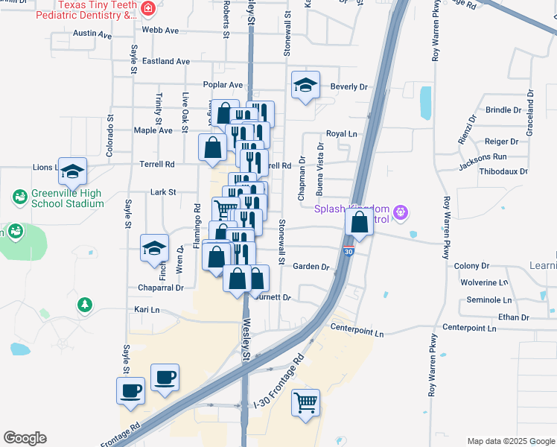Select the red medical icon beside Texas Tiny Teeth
pos(150,9)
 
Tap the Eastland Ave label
pos(166,61)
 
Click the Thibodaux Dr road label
pos(504,171)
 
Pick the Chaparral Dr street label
pos(160,288)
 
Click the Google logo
pos(25,438)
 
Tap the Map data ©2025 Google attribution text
pos(510,441)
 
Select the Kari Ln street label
pos(147,309)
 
